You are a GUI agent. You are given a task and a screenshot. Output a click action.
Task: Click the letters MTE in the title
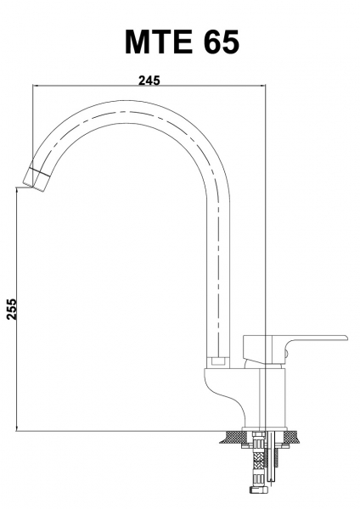[x=158, y=42]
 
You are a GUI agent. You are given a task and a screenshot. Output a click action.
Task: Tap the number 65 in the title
[x=222, y=42]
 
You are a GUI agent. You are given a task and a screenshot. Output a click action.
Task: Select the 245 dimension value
[x=149, y=80]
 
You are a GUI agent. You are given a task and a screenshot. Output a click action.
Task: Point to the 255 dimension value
[x=12, y=310]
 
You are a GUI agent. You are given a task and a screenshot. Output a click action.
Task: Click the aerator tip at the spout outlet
[x=36, y=178]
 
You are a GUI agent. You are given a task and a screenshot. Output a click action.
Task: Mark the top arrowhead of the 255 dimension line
[x=16, y=191]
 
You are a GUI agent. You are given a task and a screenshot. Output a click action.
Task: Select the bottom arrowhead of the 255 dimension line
[x=16, y=428]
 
